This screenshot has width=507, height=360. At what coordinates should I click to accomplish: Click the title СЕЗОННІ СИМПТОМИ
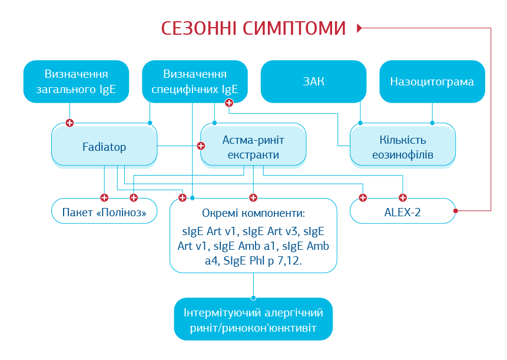pos(253,28)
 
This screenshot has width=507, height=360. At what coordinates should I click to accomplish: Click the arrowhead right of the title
pos(360,28)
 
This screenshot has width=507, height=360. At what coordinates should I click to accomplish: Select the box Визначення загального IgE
pos(76,81)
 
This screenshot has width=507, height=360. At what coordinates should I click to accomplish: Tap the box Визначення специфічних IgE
pos(195,81)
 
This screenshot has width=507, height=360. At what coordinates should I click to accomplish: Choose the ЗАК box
pos(313,81)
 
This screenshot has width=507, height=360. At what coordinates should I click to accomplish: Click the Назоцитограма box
pos(432,81)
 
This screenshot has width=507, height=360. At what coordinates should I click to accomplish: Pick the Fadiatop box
pos(104,146)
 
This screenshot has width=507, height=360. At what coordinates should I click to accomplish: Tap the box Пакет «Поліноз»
pos(104,212)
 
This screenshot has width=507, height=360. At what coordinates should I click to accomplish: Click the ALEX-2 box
pos(403,212)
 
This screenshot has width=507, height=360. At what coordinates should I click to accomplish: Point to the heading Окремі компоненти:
pos(253,213)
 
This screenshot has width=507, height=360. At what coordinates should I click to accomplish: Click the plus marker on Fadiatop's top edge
pos(70,123)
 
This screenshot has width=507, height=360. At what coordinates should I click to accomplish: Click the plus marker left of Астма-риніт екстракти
pos(201,145)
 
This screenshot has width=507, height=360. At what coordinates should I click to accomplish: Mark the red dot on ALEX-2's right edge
pos(455,210)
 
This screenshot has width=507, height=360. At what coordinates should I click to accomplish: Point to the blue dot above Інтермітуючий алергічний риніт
pos(253,298)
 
